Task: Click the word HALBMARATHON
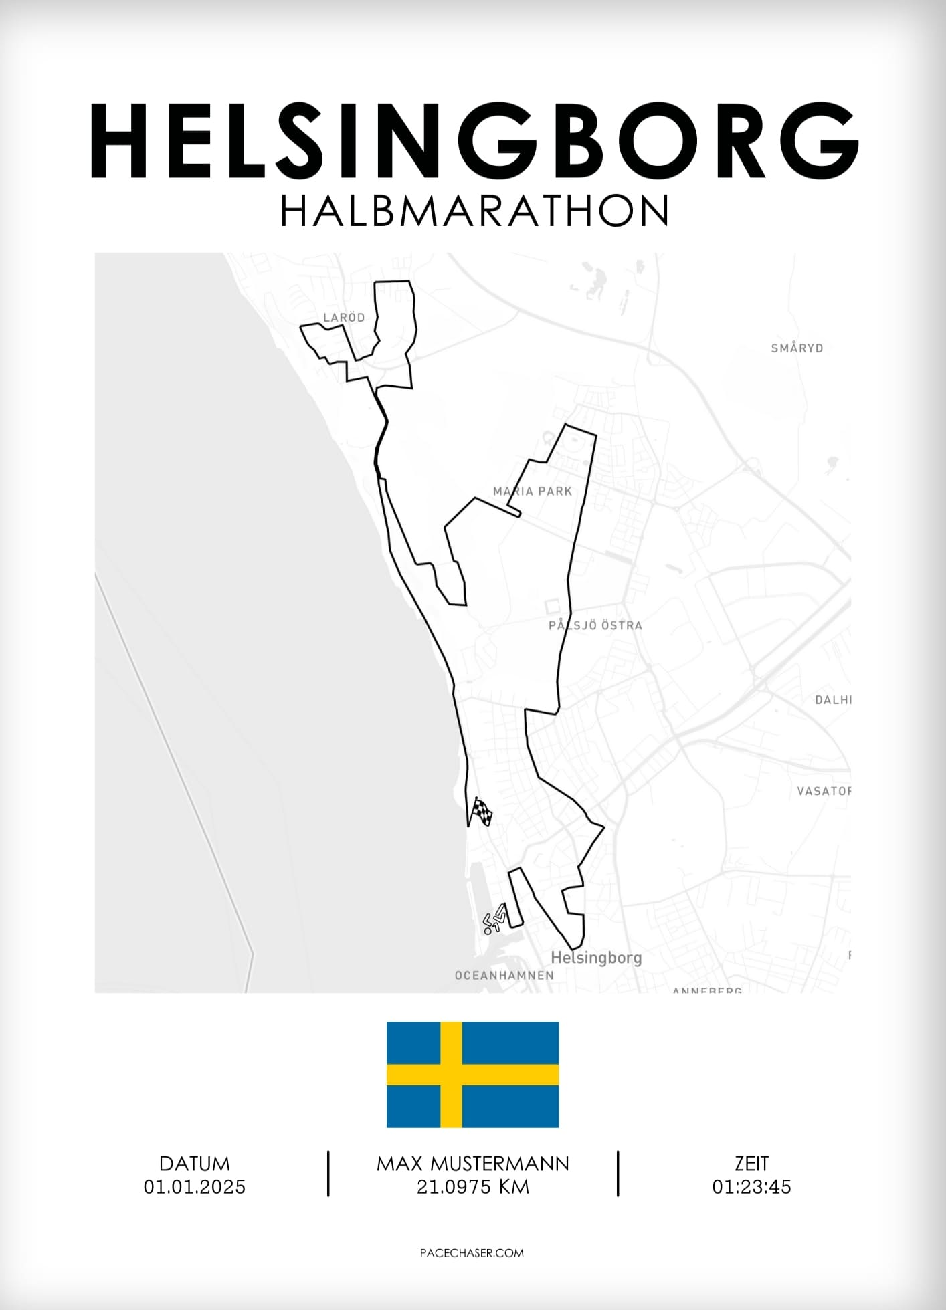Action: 474,211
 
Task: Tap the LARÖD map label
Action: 344,318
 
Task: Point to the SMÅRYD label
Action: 797,348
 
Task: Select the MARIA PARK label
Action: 533,492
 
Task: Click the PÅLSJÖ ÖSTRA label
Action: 595,626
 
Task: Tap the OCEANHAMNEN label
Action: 504,976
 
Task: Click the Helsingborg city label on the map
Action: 595,958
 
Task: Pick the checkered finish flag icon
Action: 482,812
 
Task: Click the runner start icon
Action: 496,919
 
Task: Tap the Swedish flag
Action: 472,1075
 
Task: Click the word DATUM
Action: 194,1164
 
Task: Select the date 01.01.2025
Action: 194,1187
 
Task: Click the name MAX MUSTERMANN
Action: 472,1164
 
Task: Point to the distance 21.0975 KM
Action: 472,1187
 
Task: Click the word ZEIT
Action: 751,1164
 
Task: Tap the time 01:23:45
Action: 751,1187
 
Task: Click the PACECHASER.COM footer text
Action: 472,1253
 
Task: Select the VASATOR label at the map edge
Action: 824,792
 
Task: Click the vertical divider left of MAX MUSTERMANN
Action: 328,1174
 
